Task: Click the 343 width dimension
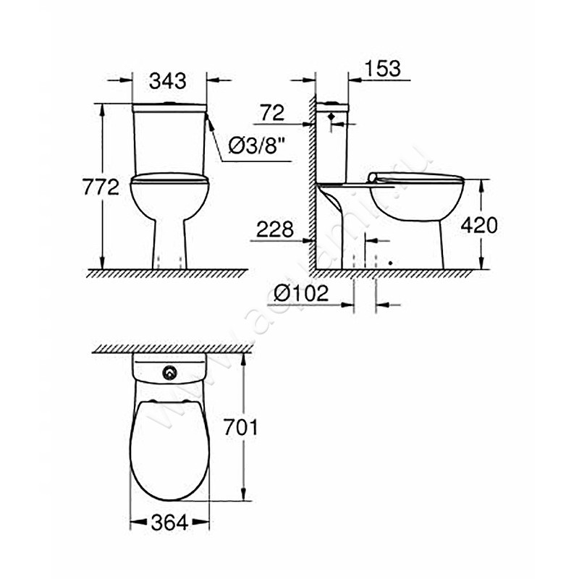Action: (x=168, y=81)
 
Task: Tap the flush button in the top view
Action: (x=170, y=373)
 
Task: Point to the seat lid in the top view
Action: (x=169, y=449)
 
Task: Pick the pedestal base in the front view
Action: (x=170, y=242)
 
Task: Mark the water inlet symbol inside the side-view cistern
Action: (x=331, y=117)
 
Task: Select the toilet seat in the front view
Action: (x=169, y=177)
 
